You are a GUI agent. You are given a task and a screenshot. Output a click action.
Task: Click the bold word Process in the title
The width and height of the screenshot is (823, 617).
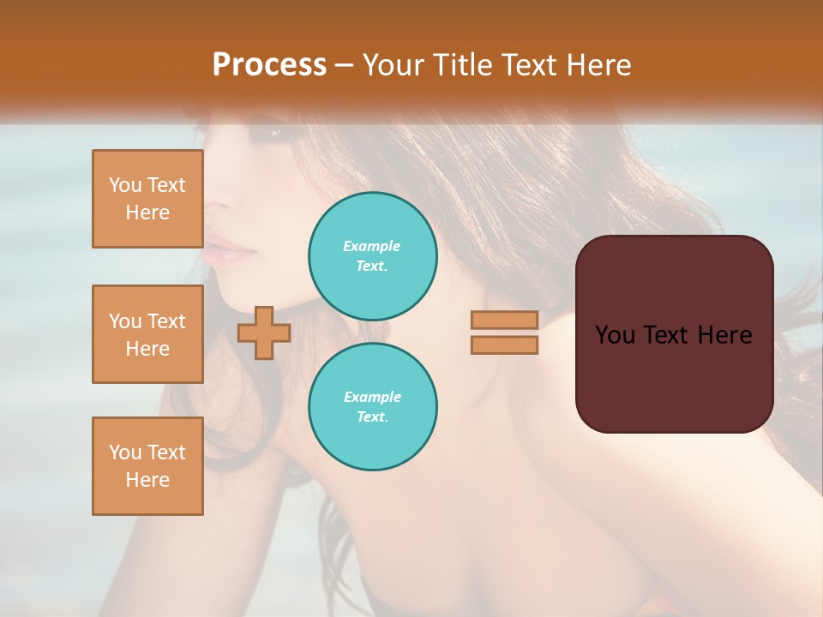pos(269,65)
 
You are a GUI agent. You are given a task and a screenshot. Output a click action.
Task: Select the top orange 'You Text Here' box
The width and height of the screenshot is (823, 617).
pos(147,199)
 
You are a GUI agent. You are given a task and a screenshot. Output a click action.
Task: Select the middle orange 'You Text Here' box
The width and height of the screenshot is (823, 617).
pos(147,334)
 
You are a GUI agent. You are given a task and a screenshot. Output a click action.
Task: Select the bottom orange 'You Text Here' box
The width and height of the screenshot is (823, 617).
pos(147,466)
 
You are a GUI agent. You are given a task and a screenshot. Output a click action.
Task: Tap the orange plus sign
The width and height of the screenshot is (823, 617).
pos(264,332)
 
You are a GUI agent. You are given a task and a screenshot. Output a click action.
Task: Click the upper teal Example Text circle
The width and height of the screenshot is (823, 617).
pos(373,256)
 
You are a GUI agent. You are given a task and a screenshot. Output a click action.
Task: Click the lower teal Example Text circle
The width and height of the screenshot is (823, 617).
pos(373,407)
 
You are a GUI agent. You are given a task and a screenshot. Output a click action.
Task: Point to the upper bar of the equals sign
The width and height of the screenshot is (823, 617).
pos(504,320)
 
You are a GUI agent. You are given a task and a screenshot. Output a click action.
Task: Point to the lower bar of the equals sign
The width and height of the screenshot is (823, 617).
pos(504,344)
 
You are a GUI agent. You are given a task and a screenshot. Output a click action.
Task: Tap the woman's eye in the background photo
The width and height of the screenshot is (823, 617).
pos(276,133)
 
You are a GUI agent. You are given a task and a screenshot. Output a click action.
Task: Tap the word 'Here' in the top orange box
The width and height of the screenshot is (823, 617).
pos(147,213)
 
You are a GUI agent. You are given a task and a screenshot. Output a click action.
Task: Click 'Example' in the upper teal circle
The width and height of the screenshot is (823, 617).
pos(371,246)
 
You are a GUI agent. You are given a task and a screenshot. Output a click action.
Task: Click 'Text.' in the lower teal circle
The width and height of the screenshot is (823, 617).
pos(372,417)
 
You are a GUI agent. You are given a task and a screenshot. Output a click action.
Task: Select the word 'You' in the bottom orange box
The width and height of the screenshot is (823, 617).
pos(125,452)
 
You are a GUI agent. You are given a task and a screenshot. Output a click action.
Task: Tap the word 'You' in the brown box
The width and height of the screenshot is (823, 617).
pos(615,335)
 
